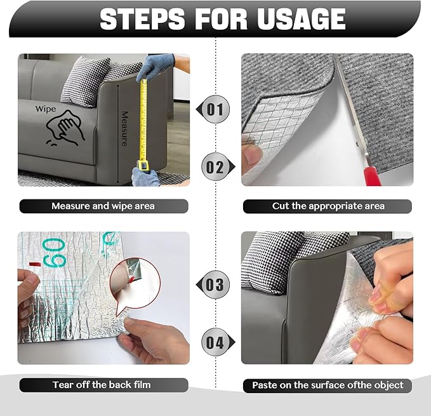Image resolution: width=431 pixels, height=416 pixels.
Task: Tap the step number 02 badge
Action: [215, 168]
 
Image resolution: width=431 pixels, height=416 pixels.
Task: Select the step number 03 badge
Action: [215, 285]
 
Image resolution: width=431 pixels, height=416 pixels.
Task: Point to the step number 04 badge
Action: [215, 343]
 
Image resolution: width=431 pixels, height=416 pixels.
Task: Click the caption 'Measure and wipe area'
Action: [103, 206]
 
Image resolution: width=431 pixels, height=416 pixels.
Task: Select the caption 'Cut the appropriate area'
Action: [328, 206]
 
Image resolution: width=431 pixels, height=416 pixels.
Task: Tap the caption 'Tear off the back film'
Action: [102, 385]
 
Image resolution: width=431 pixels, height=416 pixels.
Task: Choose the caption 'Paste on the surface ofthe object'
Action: [328, 385]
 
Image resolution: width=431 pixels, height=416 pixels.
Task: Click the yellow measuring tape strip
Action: [143, 121]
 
